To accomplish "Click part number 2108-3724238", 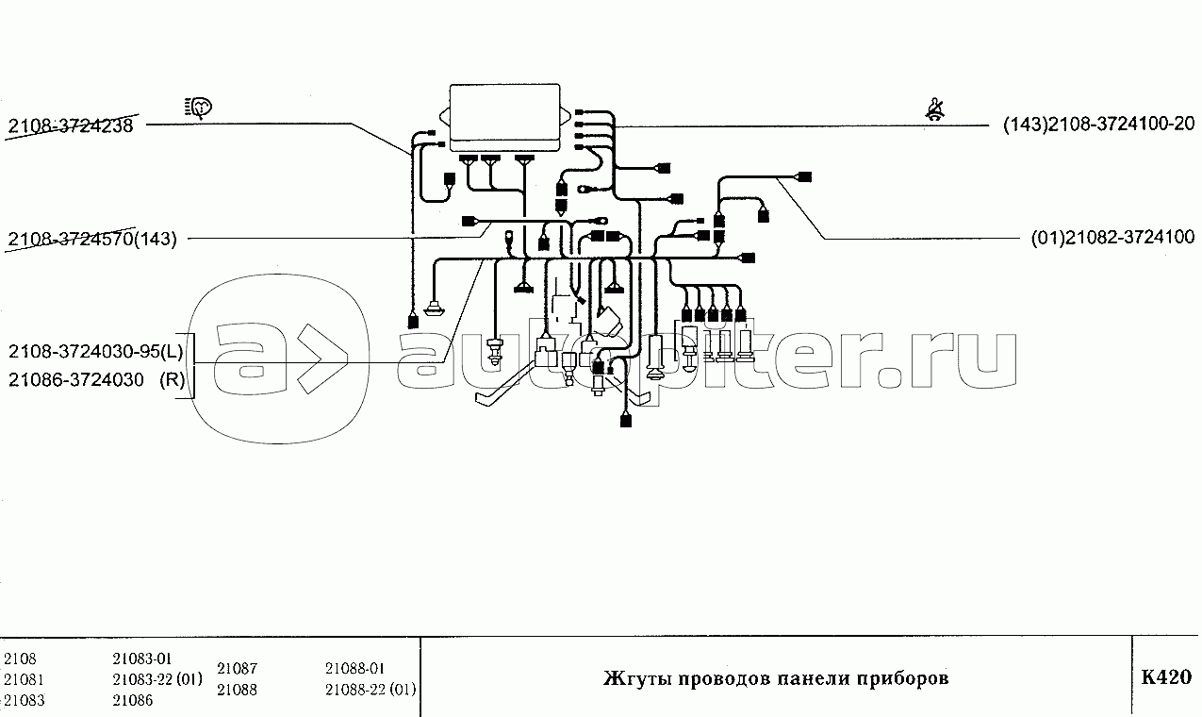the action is pyautogui.click(x=71, y=125).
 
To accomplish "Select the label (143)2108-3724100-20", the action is pyautogui.click(x=1099, y=125).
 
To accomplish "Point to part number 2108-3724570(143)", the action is pyautogui.click(x=92, y=239).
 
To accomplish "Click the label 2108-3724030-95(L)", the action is pyautogui.click(x=96, y=352).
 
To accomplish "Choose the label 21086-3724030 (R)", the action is pyautogui.click(x=96, y=380).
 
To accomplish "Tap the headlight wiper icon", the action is pyautogui.click(x=198, y=108).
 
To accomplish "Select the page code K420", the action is pyautogui.click(x=1166, y=677).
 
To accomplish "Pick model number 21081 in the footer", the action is pyautogui.click(x=24, y=679).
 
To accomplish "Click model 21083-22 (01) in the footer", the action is pyautogui.click(x=157, y=679).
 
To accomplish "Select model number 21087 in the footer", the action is pyautogui.click(x=238, y=669).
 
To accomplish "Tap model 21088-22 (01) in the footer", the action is pyautogui.click(x=370, y=690).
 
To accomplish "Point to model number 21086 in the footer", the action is pyautogui.click(x=133, y=700).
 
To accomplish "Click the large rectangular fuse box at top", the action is pyautogui.click(x=504, y=118).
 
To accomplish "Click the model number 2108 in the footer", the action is pyautogui.click(x=20, y=659).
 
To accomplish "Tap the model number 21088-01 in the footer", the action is pyautogui.click(x=354, y=669).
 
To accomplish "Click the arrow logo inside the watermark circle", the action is pyautogui.click(x=323, y=358).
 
